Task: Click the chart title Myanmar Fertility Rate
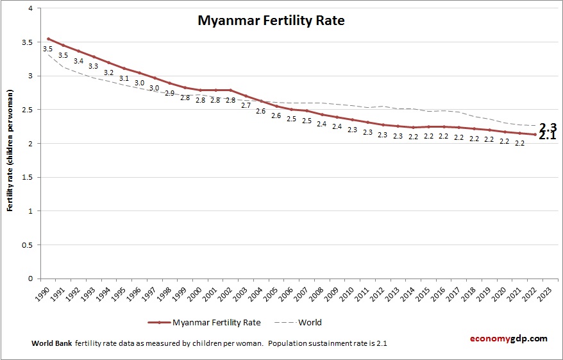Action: [271, 21]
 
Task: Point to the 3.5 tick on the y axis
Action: [28, 42]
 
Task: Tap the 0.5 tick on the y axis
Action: [28, 244]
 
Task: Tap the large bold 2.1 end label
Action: [547, 136]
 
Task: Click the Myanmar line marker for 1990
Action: [47, 39]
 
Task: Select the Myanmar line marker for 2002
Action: [230, 90]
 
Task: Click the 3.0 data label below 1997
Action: [154, 88]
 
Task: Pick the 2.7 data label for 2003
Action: [246, 105]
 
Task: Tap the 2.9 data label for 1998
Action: [169, 93]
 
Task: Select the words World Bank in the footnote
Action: [51, 343]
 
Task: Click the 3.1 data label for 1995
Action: [124, 78]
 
